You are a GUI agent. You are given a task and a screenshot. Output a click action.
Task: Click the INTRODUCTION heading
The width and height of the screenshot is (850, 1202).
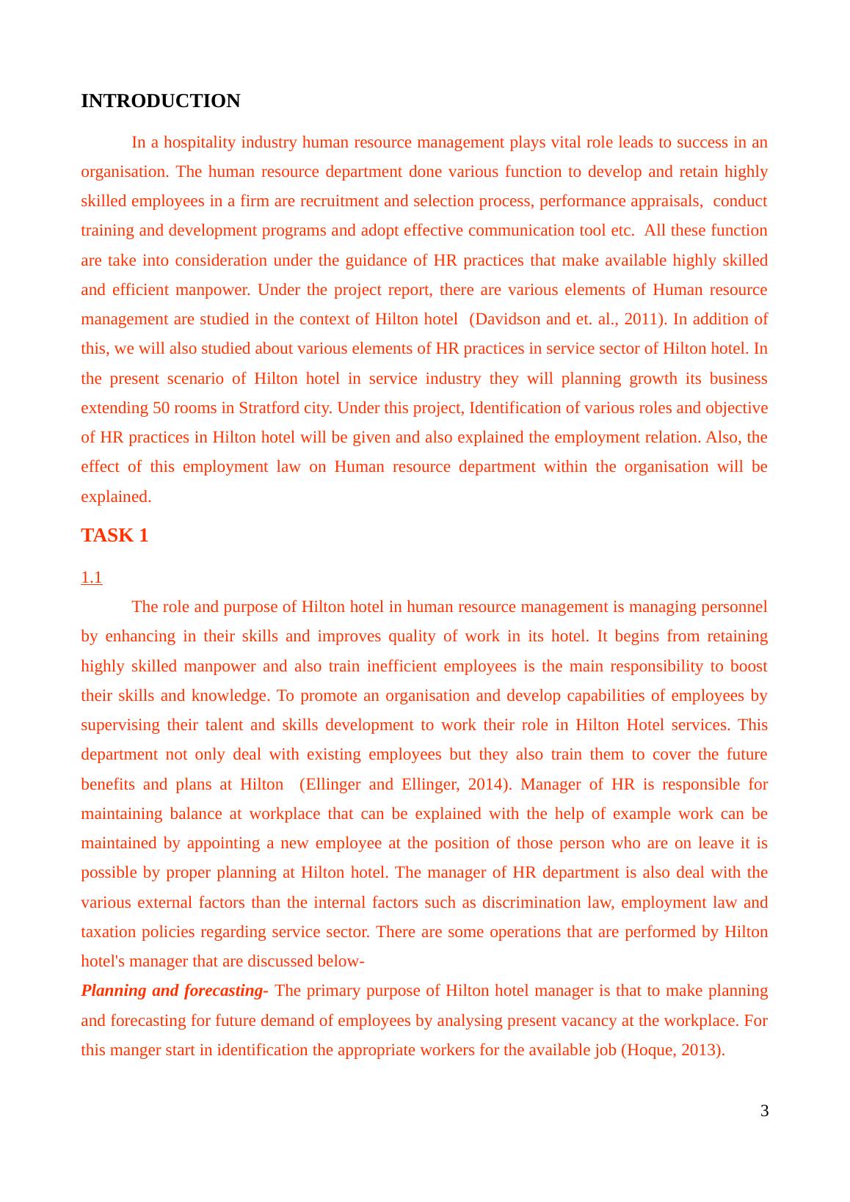pyautogui.click(x=160, y=101)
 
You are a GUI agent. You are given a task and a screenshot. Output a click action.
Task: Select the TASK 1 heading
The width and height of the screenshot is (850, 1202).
pyautogui.click(x=115, y=536)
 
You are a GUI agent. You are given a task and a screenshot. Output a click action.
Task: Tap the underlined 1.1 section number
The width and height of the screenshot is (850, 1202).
pyautogui.click(x=91, y=578)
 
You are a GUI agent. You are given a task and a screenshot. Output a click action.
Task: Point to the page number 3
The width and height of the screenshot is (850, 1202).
pyautogui.click(x=764, y=1111)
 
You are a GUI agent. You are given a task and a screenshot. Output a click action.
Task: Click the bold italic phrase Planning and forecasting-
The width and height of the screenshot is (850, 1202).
pyautogui.click(x=174, y=991)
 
